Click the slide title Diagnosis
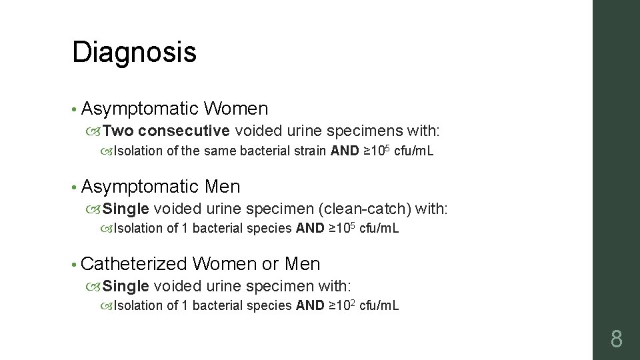[134, 52]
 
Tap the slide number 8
[616, 339]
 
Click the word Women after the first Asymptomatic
[237, 109]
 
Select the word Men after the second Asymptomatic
[223, 186]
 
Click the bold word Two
[119, 129]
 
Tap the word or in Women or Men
[270, 263]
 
